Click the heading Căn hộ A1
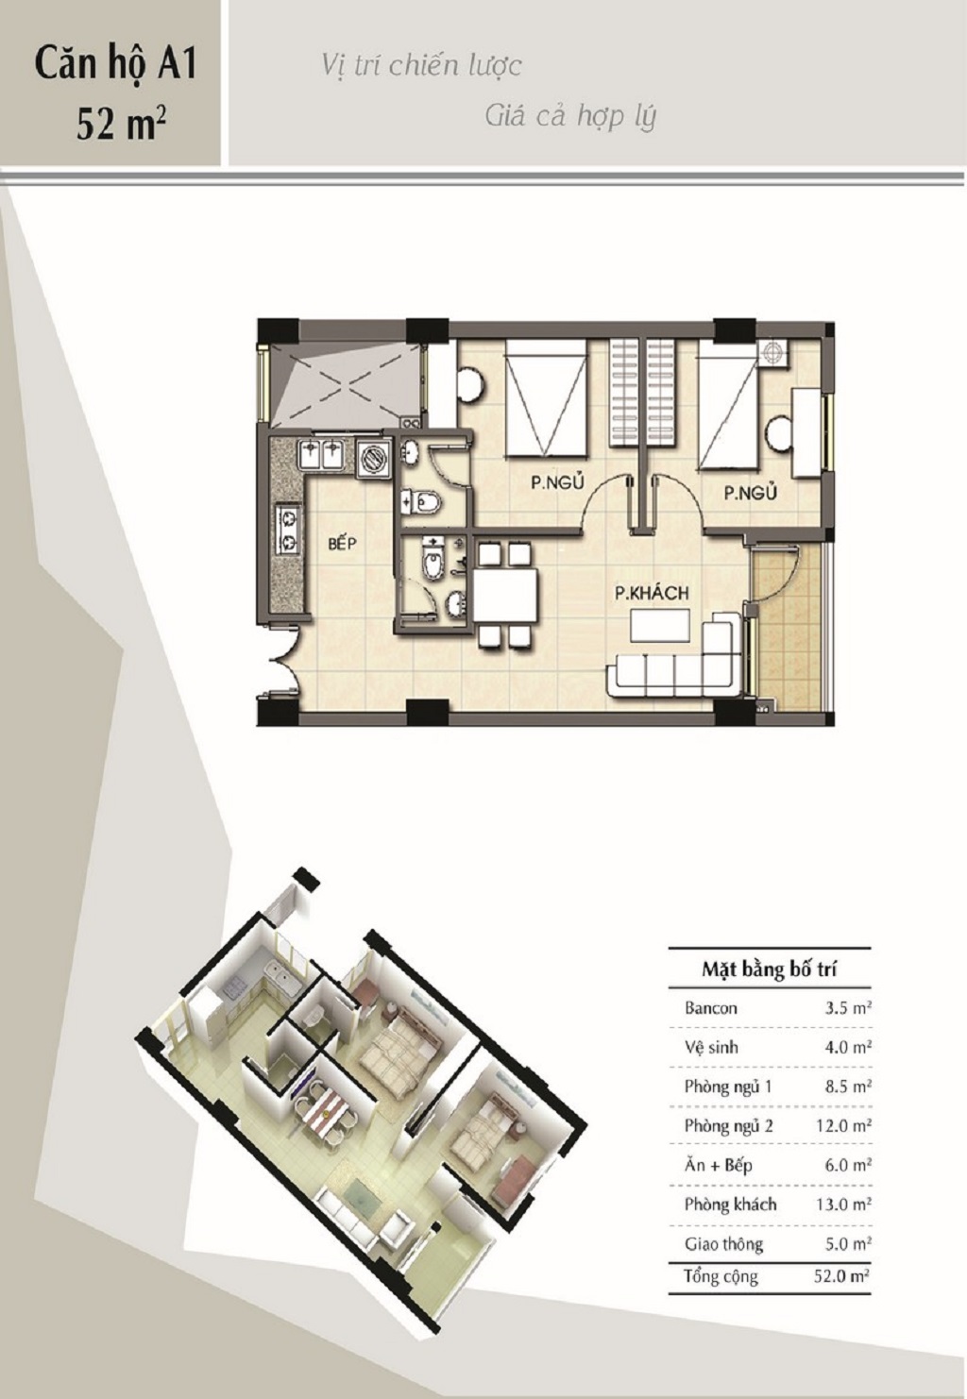pyautogui.click(x=115, y=66)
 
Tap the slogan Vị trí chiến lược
pyautogui.click(x=422, y=65)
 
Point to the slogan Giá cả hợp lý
pyautogui.click(x=570, y=118)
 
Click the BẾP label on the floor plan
pyautogui.click(x=343, y=544)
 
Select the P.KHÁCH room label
pyautogui.click(x=652, y=593)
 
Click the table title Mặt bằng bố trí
pyautogui.click(x=769, y=969)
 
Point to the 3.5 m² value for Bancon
pyautogui.click(x=847, y=1007)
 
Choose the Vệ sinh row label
pyautogui.click(x=711, y=1047)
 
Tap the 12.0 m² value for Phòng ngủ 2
pyautogui.click(x=842, y=1125)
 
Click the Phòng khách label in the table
pyautogui.click(x=730, y=1204)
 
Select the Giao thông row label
pyautogui.click(x=723, y=1244)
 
